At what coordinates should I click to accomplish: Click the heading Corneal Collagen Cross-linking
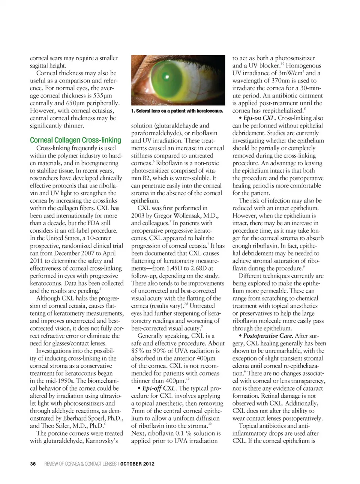pos(75,140)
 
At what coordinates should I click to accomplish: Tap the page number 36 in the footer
pos(33,464)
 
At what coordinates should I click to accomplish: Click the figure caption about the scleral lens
pos(177,111)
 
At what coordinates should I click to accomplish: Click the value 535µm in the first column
pos(103,95)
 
